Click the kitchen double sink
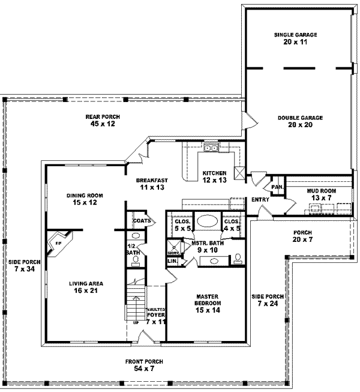211,148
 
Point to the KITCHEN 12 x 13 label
214,176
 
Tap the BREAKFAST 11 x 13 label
151,184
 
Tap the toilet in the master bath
238,258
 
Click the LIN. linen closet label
172,261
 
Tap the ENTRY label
260,199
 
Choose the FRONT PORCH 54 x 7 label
143,365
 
